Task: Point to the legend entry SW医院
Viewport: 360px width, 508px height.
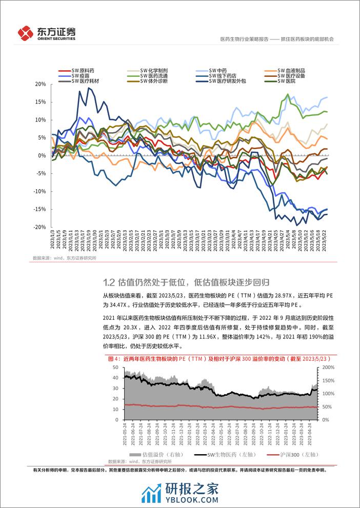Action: tap(288, 81)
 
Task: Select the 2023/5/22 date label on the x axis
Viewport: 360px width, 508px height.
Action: tap(326, 240)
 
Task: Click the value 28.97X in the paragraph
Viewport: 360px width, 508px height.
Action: tap(229, 296)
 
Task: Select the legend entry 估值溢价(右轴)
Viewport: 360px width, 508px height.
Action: tap(154, 454)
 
